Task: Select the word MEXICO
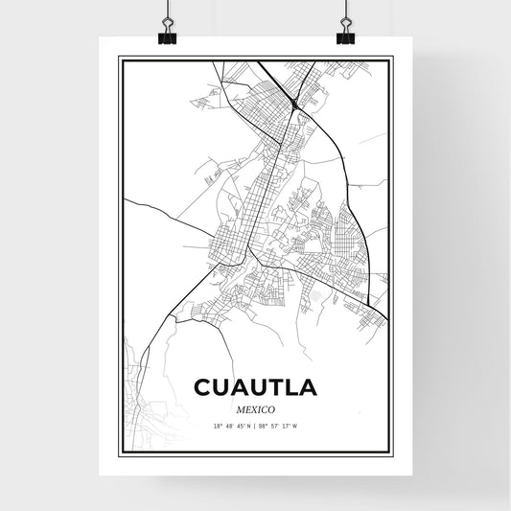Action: click(255, 408)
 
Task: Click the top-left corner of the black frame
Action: click(120, 58)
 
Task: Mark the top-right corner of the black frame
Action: click(391, 58)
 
